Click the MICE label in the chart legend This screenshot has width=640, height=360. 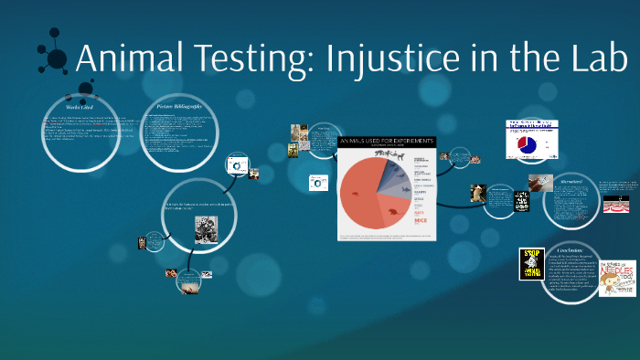[x=421, y=221]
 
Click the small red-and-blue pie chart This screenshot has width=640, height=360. [x=528, y=143]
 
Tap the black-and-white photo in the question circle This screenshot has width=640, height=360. [x=206, y=230]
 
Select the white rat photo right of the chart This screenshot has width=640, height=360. [x=477, y=194]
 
